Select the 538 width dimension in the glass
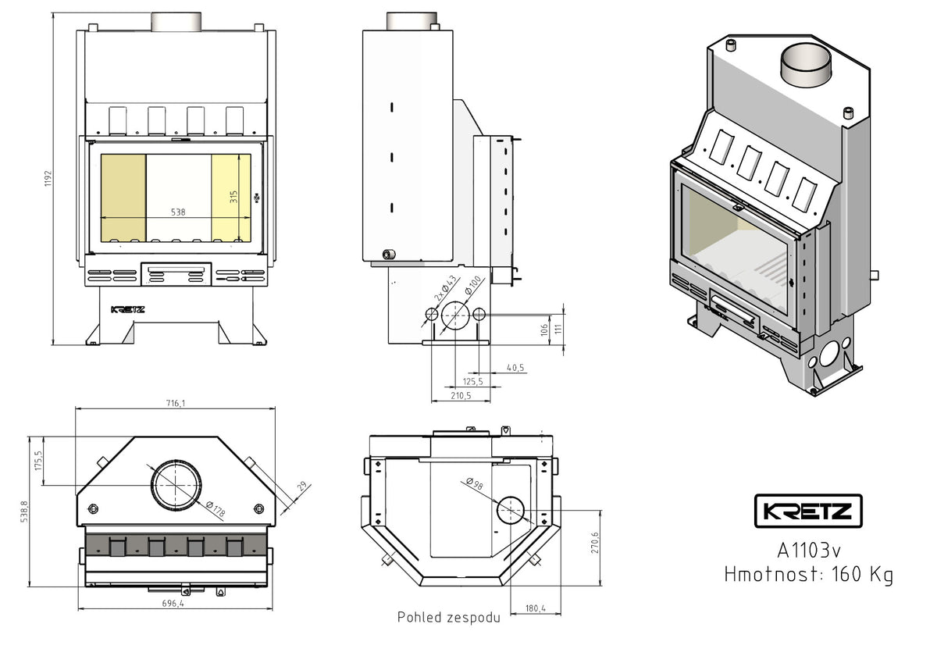coord(178,211)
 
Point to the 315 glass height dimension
coord(233,196)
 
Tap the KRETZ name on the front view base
coord(127,309)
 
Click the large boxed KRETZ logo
coord(808,512)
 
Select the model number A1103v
coord(808,550)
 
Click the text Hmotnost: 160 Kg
coord(808,575)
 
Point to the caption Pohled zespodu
coord(448,618)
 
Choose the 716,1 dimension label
coord(175,403)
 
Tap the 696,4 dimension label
coord(173,604)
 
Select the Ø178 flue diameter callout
coord(215,509)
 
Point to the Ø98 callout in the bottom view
coord(474,484)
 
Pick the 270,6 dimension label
coord(595,543)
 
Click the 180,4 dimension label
coord(536,609)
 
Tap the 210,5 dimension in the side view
coord(461,396)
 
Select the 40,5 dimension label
coord(515,367)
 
